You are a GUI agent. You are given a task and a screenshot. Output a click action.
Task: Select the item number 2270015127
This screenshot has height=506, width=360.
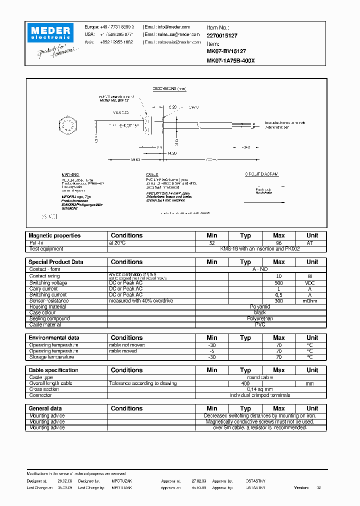pos(222,35)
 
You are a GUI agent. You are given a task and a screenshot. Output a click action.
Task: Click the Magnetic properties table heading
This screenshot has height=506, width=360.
pos(54,235)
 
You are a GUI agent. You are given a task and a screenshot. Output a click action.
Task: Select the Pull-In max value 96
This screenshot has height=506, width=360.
pos(278,242)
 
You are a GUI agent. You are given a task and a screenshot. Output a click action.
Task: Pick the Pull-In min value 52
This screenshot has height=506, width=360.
pos(211,242)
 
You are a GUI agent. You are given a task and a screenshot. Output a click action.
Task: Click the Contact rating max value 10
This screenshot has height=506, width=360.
pos(278,276)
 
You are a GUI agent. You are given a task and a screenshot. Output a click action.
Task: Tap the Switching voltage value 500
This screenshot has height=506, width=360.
pos(278,282)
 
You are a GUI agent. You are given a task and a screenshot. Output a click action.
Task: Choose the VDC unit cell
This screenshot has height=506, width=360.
pos(312,282)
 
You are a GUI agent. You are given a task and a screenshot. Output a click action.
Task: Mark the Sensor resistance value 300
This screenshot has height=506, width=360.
pos(278,300)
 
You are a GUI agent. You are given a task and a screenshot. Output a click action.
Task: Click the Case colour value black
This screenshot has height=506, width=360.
pos(260,312)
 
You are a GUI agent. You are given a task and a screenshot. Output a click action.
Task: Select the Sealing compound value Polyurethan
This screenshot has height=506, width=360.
pos(260,318)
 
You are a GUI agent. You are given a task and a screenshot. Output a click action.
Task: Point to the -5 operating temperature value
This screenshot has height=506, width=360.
pos(211,351)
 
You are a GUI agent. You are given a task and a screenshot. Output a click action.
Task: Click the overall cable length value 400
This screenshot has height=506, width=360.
pos(245,383)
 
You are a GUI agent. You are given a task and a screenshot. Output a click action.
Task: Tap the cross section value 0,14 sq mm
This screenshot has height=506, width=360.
pos(260,389)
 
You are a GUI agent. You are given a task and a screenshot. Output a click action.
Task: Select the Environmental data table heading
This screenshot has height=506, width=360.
pos(53,338)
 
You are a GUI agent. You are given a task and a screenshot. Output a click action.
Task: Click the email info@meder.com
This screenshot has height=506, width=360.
pos(173,26)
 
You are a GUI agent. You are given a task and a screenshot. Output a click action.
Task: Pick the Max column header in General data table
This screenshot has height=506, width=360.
pos(278,408)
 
